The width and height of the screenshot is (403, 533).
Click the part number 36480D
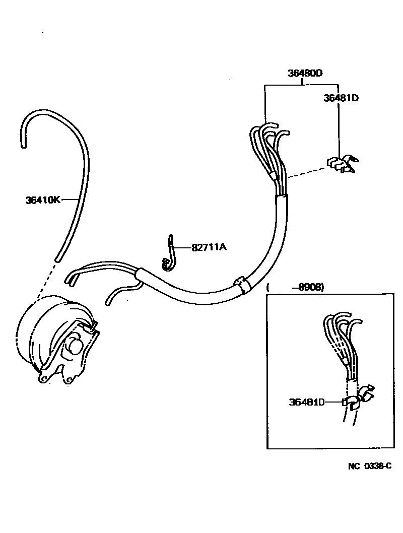[305, 73]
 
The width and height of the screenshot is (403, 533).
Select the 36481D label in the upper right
[341, 98]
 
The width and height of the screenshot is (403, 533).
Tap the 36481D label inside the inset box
[306, 402]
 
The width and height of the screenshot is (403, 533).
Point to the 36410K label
[43, 200]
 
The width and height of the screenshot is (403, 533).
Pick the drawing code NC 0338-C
[369, 466]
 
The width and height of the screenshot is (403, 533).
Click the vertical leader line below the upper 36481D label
[339, 128]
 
